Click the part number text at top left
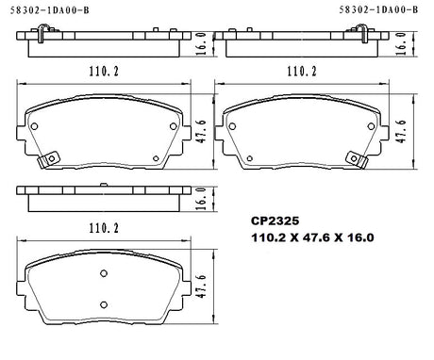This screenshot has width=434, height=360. tap(50, 10)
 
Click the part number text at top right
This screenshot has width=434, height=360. tap(378, 9)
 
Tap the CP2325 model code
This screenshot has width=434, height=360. tap(275, 221)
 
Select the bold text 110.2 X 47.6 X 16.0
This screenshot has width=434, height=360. tap(312, 237)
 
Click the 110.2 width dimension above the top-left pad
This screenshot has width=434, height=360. tap(104, 72)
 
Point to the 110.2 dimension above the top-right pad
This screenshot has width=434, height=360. tap(302, 72)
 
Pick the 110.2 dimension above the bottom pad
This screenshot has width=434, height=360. tap(104, 228)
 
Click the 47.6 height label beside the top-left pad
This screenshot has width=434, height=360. tap(202, 131)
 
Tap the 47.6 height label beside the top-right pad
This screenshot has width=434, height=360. tap(400, 131)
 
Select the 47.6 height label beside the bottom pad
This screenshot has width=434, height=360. tap(202, 286)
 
